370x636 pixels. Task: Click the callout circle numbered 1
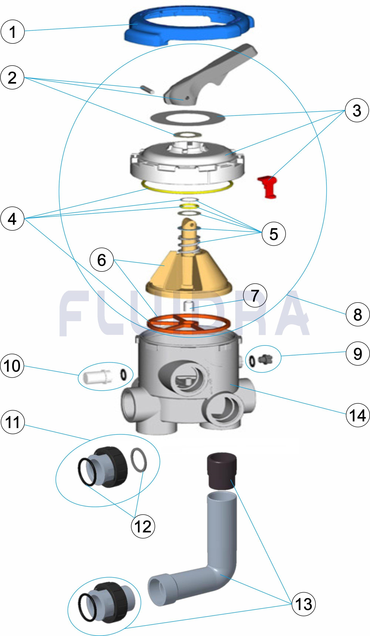pyautogui.click(x=12, y=32)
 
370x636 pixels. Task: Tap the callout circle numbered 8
pyautogui.click(x=357, y=314)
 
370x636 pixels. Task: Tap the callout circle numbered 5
pyautogui.click(x=274, y=233)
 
